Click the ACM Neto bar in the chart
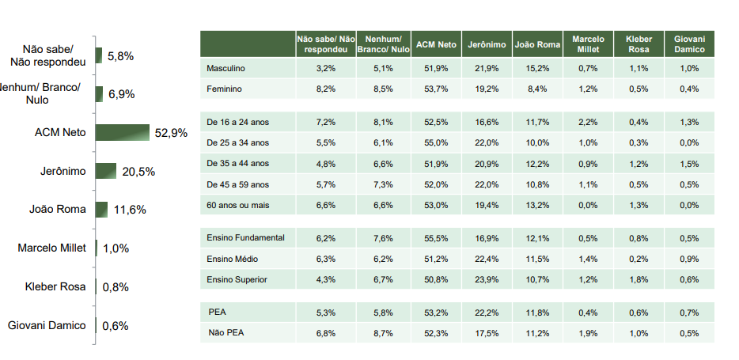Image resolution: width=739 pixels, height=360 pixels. point(123,132)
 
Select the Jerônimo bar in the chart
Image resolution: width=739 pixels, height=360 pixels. point(106,171)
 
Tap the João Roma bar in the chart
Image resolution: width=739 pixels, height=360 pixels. point(101,210)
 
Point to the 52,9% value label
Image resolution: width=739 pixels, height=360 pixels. point(171,133)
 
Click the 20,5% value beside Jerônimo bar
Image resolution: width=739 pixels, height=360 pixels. point(138,172)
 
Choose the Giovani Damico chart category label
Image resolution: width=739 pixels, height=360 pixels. point(47,325)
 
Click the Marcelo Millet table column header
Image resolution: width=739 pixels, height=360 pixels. point(588,44)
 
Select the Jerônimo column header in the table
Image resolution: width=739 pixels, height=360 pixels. point(487,44)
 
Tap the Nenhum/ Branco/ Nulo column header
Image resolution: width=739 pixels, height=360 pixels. point(384,44)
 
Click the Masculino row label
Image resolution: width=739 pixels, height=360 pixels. point(225,69)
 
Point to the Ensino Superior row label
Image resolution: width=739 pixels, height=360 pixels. point(237,279)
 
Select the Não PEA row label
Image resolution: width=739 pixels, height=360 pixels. point(225,333)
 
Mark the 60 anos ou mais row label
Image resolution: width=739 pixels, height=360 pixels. point(238,204)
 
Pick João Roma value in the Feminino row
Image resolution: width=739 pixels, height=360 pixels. point(536,89)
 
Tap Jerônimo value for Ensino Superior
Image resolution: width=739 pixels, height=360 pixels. point(487,279)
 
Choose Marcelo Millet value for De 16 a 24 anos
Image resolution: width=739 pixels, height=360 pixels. point(588,122)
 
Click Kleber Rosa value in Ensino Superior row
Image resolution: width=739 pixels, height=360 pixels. point(639,279)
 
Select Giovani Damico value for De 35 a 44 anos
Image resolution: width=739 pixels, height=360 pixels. point(689,164)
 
